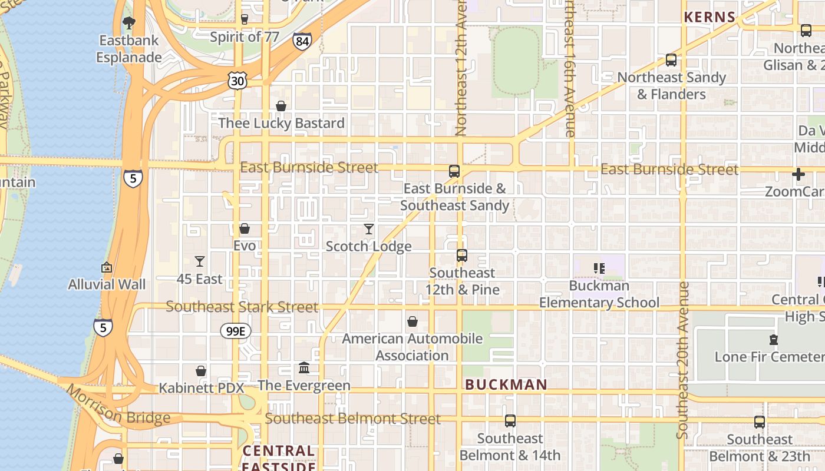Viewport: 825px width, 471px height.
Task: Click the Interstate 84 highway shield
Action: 302,41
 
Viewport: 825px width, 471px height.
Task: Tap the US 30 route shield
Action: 237,81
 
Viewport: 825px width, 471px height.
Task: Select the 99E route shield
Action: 236,331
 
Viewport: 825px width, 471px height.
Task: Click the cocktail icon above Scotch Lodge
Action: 369,229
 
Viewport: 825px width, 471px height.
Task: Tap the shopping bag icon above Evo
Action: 245,228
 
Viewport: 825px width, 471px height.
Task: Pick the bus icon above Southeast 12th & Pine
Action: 462,256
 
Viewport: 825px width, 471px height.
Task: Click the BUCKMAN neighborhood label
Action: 506,385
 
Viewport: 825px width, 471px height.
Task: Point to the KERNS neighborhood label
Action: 709,18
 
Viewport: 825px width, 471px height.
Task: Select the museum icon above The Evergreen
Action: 304,368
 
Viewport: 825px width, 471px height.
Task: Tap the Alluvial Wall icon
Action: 107,267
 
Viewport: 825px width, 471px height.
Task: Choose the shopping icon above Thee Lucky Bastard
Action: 281,106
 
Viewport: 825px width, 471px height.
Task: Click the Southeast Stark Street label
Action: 242,307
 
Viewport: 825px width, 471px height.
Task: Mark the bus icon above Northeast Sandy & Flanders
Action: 671,60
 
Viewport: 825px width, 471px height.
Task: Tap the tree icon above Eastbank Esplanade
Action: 128,23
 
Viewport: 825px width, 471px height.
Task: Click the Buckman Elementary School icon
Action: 599,268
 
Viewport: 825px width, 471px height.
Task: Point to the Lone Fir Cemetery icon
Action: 774,340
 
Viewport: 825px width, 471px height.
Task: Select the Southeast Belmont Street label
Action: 352,419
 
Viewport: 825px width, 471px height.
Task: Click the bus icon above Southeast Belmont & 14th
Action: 510,421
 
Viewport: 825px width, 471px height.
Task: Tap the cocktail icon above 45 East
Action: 200,261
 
